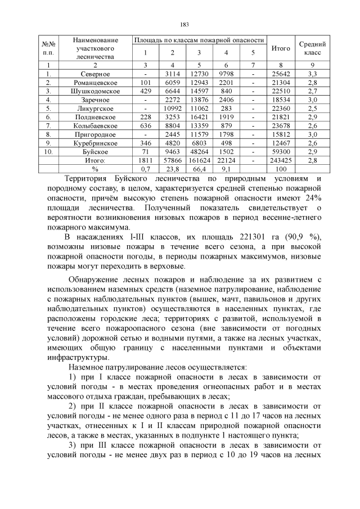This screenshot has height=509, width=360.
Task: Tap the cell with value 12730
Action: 199,74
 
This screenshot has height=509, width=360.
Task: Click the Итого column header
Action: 281,49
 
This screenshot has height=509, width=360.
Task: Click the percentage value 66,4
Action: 199,168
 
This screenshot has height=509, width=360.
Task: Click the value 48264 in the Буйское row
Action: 199,151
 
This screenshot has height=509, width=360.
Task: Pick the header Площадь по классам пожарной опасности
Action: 199,40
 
